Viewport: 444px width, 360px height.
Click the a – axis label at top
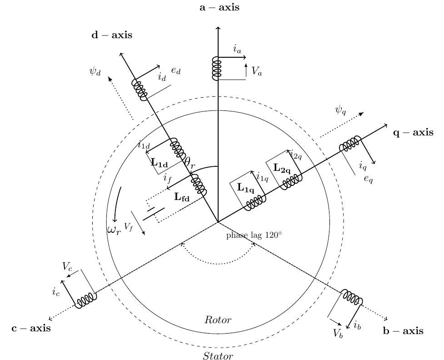click(x=219, y=7)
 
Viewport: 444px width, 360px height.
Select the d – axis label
click(x=112, y=35)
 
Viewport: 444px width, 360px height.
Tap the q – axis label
click(x=413, y=132)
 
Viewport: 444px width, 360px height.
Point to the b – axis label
click(x=403, y=331)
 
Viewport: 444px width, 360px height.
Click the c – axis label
click(x=31, y=328)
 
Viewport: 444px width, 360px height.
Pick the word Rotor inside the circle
click(x=218, y=320)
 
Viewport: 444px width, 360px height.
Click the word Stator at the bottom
click(x=218, y=356)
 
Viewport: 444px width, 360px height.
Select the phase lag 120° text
click(x=254, y=235)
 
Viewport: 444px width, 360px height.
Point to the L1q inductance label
click(x=246, y=187)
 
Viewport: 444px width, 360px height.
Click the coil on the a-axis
click(x=217, y=69)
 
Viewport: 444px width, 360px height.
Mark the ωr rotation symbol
click(x=114, y=230)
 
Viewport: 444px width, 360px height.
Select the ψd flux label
click(x=95, y=71)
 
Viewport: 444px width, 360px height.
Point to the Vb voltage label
click(x=338, y=333)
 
